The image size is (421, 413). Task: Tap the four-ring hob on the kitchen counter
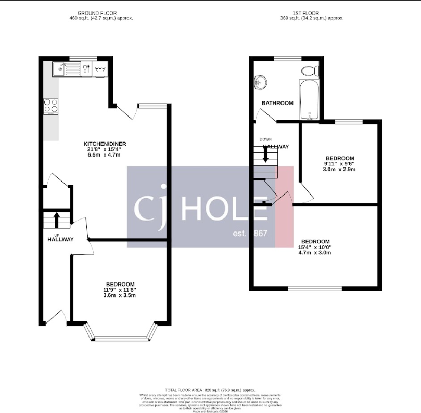(51, 106)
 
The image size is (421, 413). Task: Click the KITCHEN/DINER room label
(105, 144)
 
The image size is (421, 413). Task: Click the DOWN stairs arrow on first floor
(265, 154)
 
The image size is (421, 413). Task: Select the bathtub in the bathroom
(309, 99)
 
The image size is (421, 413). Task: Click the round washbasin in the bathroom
(260, 82)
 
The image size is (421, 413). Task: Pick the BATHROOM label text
(277, 103)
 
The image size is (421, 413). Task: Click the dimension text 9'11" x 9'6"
(340, 164)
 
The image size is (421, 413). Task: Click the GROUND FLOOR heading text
(97, 12)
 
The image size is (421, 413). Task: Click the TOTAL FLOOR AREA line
(210, 390)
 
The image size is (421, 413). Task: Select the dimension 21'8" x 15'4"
(105, 149)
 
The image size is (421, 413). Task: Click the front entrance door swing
(56, 317)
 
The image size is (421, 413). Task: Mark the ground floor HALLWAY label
(60, 240)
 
